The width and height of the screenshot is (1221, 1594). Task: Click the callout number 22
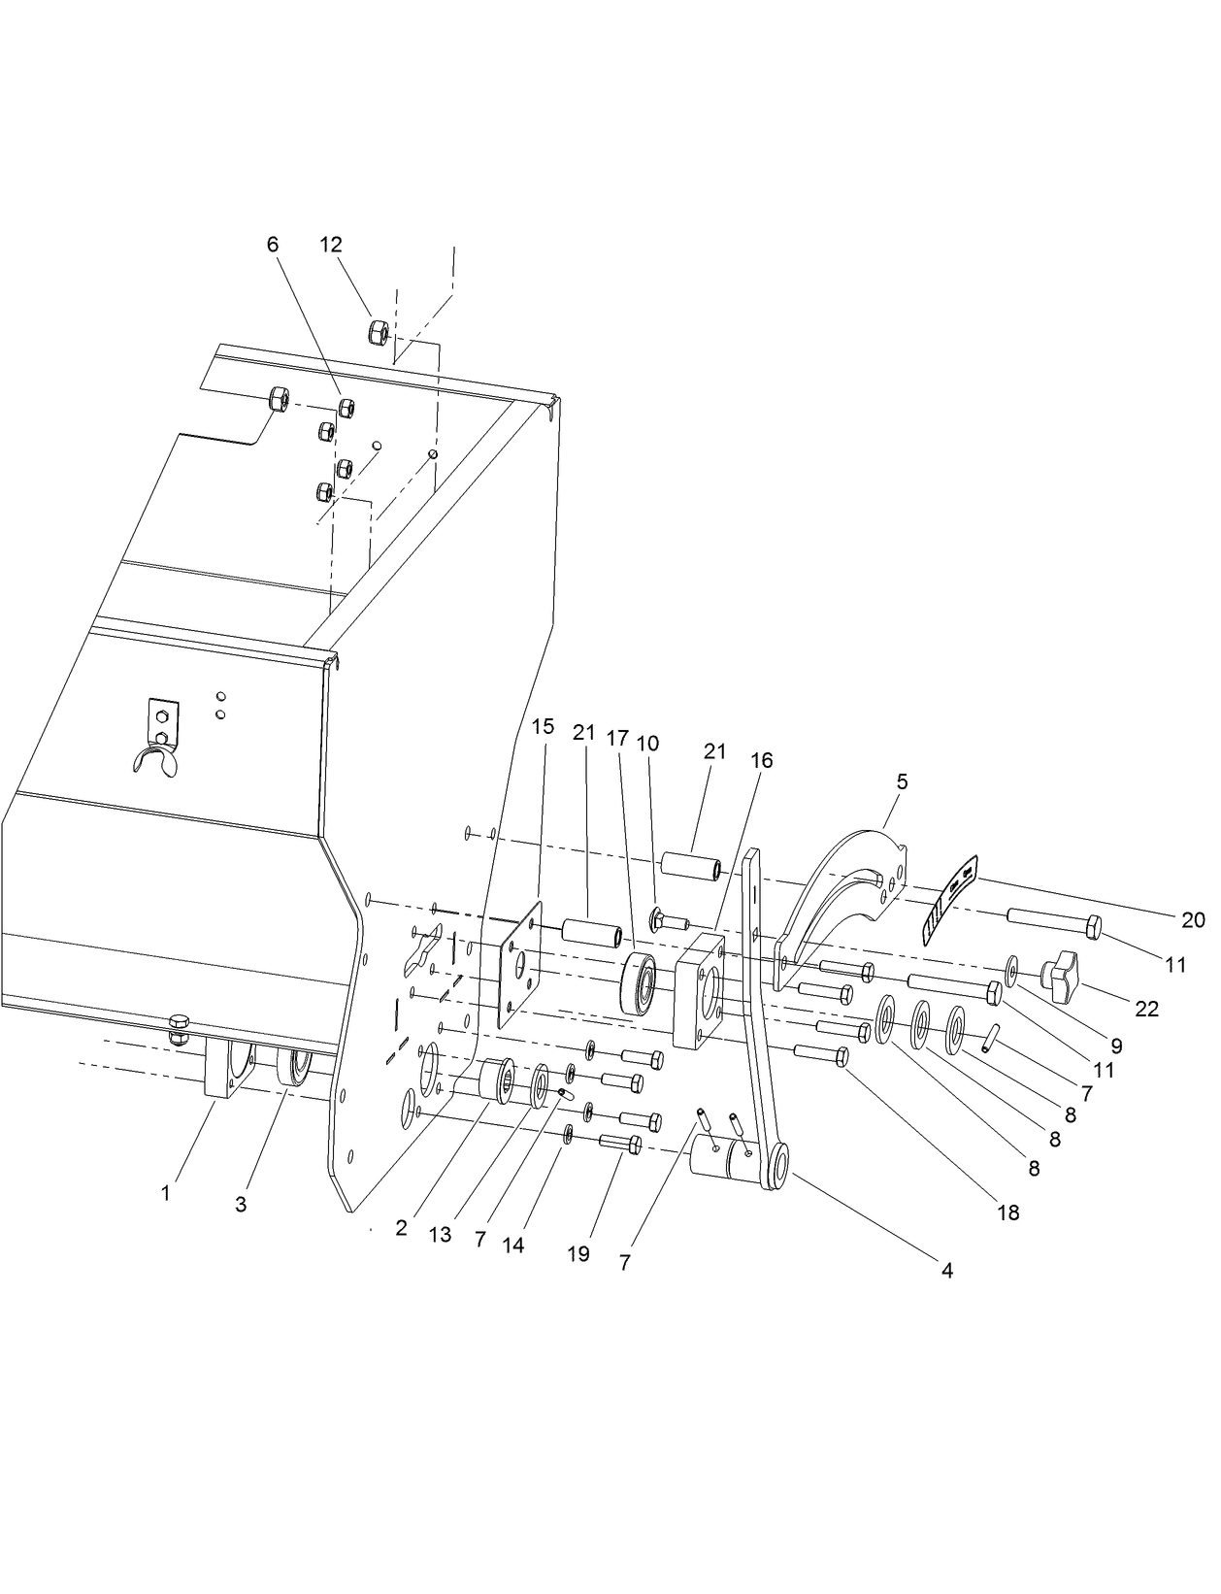click(x=1146, y=1009)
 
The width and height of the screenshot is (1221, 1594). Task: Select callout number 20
click(x=1193, y=919)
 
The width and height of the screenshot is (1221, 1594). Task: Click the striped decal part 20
click(x=950, y=898)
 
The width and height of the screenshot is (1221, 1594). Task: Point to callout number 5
click(x=902, y=780)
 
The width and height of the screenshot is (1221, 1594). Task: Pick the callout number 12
click(x=331, y=244)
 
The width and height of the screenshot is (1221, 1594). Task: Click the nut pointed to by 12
click(x=379, y=331)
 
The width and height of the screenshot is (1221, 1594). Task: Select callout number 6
click(x=273, y=244)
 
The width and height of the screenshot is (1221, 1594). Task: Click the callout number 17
click(x=617, y=738)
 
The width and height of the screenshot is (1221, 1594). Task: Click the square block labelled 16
click(x=699, y=991)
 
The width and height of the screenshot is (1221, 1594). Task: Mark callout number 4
click(x=946, y=1270)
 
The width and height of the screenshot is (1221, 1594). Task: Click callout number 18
click(x=1008, y=1212)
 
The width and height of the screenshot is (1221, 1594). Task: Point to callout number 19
click(x=577, y=1253)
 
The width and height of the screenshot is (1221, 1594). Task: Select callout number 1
click(x=166, y=1193)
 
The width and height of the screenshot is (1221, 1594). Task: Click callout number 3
click(x=241, y=1204)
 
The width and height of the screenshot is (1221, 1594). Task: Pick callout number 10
click(x=647, y=744)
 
